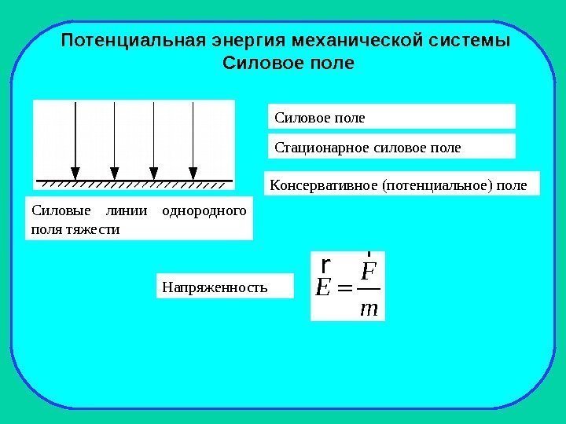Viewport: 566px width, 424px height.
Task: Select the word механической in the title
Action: click(x=358, y=39)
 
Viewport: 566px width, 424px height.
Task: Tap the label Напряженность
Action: click(x=215, y=287)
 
